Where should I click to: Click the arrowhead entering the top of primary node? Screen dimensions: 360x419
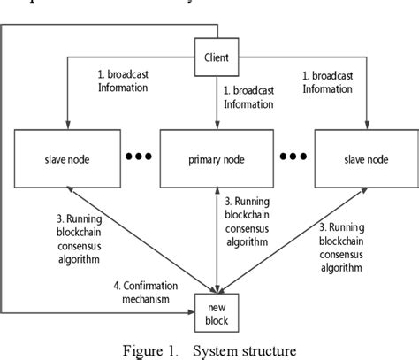216,125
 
